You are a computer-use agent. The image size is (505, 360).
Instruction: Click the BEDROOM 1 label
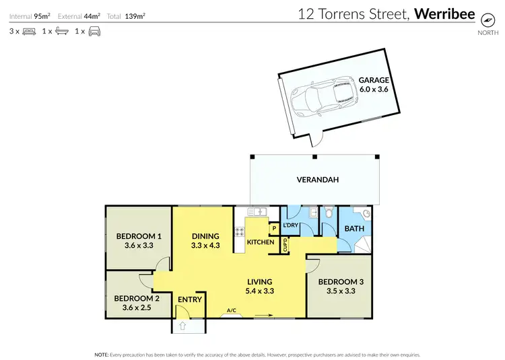pyautogui.click(x=139, y=236)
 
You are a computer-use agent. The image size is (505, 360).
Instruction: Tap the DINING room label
pyautogui.click(x=205, y=236)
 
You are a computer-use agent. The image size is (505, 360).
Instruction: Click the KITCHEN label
pyautogui.click(x=260, y=242)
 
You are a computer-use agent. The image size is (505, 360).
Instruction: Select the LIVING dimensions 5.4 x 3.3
pyautogui.click(x=259, y=291)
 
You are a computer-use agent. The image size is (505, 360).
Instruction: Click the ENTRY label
pyautogui.click(x=190, y=299)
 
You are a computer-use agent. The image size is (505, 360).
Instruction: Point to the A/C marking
pyautogui.click(x=231, y=310)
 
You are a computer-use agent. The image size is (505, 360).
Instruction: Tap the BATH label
pyautogui.click(x=354, y=229)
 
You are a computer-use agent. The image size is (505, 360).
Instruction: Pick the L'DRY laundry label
pyautogui.click(x=290, y=225)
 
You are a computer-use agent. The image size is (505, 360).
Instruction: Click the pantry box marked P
pyautogui.click(x=274, y=229)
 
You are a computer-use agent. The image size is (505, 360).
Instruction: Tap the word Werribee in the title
pyautogui.click(x=444, y=13)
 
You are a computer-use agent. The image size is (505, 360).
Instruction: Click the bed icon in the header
pyautogui.click(x=28, y=31)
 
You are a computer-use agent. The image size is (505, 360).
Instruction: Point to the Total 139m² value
pyautogui.click(x=135, y=14)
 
